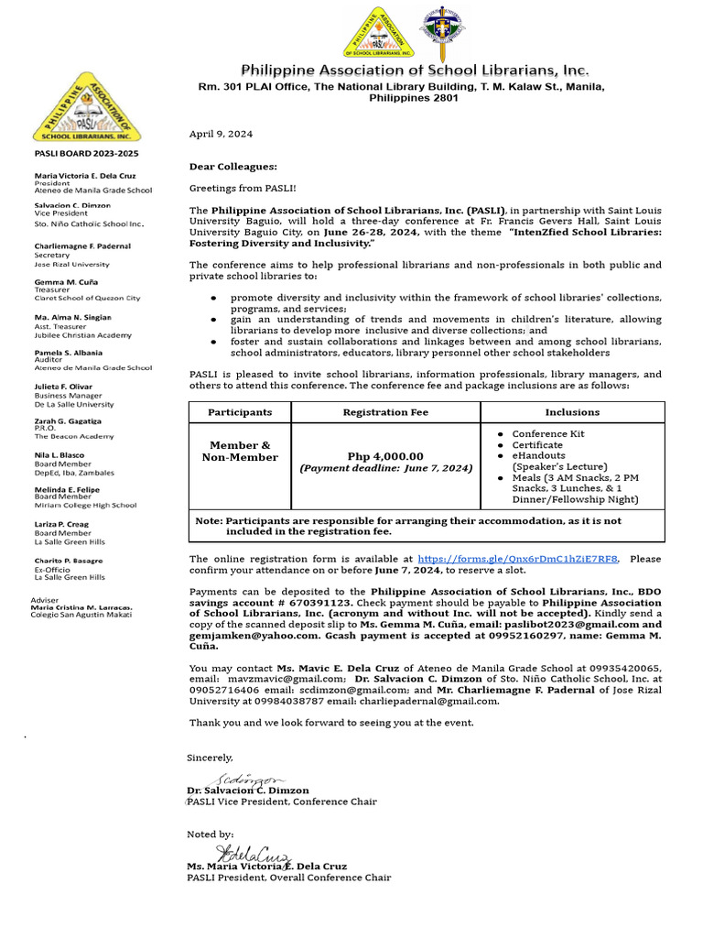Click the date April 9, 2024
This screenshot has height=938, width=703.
(x=221, y=134)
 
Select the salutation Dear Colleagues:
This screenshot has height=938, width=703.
(x=233, y=166)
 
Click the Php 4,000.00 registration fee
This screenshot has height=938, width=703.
(x=385, y=456)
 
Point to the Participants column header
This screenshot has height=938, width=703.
(x=239, y=412)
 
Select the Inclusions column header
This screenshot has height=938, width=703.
(x=572, y=412)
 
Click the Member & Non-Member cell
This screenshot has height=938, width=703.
(x=239, y=451)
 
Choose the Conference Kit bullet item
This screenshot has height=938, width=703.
(x=547, y=434)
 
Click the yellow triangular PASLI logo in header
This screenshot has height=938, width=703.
(x=378, y=33)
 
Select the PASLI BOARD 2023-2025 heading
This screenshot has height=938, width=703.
(x=86, y=153)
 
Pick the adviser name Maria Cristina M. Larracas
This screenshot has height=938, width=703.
(x=81, y=607)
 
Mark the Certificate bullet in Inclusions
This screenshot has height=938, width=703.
(x=538, y=445)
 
